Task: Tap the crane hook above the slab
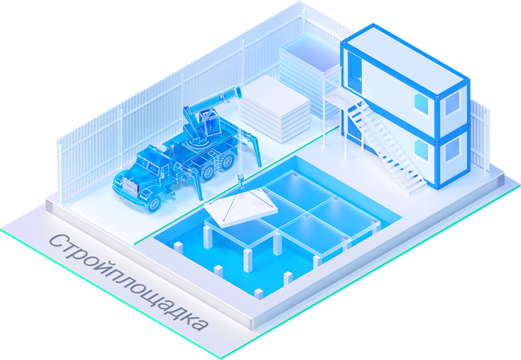(x=241, y=181)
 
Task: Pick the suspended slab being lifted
(x=241, y=207)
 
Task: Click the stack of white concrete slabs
(x=275, y=109)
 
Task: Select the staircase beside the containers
(x=385, y=146)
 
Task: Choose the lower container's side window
(x=421, y=149)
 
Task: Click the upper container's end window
(x=452, y=103)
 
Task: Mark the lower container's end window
(x=452, y=149)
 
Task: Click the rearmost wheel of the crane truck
(x=228, y=160)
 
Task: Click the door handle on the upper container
(x=359, y=78)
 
